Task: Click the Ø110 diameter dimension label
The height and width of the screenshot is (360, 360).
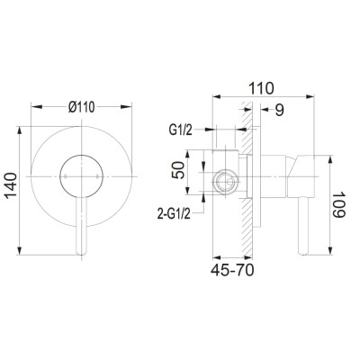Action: click(81, 107)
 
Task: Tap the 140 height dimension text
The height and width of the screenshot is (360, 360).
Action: click(12, 185)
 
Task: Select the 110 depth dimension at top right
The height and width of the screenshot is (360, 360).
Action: click(261, 88)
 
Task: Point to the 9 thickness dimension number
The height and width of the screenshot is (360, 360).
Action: click(279, 110)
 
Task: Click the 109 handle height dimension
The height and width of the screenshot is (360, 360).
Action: click(339, 205)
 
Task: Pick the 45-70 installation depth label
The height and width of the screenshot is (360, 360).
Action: click(232, 270)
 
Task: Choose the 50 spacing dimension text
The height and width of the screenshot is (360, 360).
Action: click(179, 170)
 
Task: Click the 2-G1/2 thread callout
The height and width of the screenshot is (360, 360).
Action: click(174, 214)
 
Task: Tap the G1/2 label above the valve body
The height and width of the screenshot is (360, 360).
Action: click(180, 130)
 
